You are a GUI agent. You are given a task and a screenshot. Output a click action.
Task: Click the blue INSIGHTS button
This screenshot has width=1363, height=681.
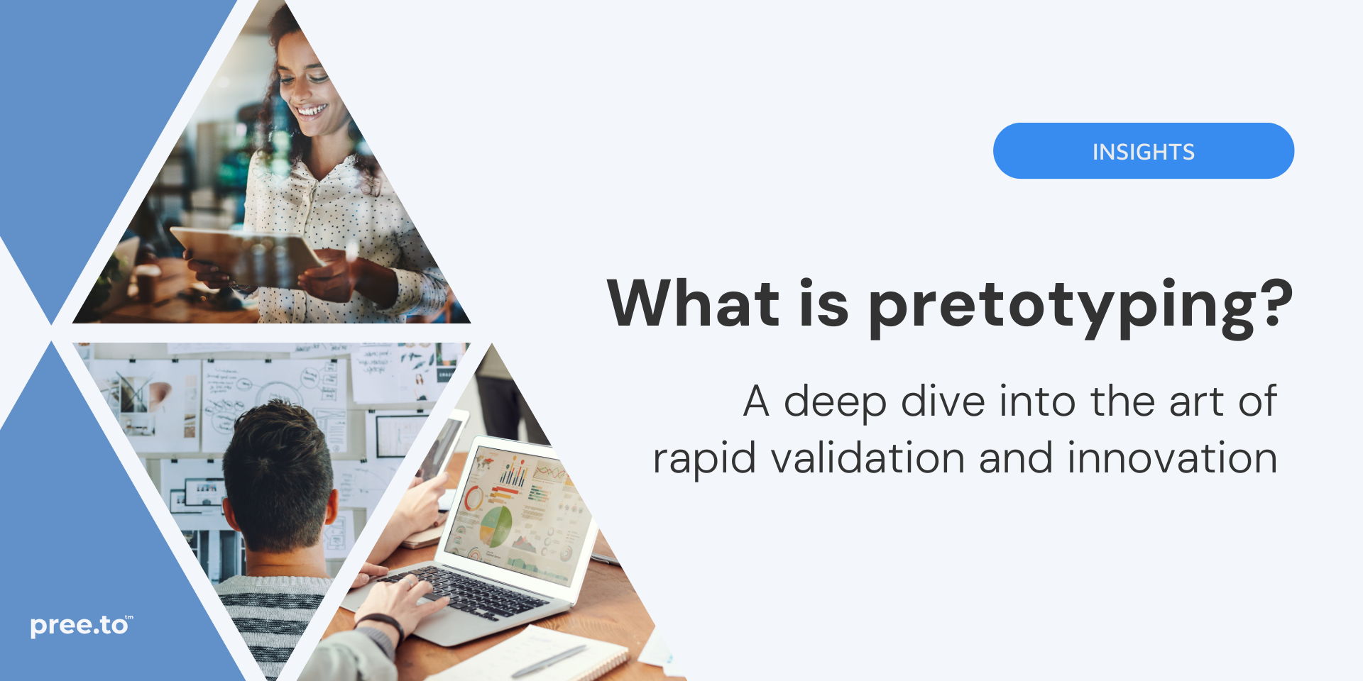[x=1143, y=151]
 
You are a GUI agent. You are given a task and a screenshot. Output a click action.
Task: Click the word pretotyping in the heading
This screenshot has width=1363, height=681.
[x=1065, y=305]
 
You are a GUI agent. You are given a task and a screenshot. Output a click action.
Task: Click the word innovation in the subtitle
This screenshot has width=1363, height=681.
[x=1172, y=458]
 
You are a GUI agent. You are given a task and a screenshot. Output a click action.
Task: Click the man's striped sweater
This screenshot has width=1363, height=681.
[x=270, y=617]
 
